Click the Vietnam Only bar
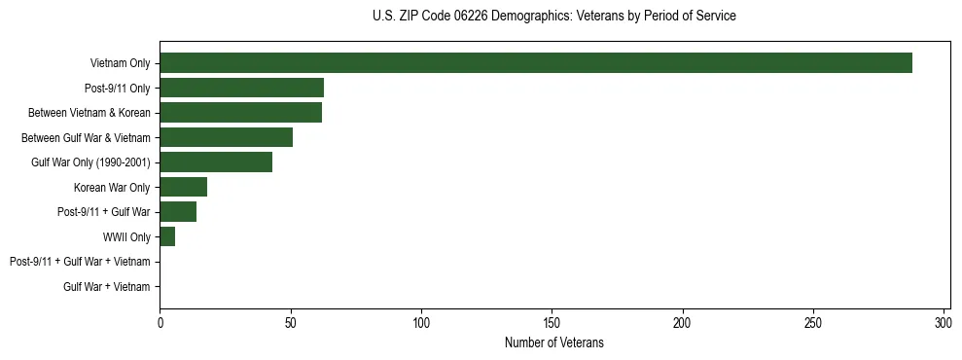pos(535,63)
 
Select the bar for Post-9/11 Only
pos(241,88)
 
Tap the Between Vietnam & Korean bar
pos(240,113)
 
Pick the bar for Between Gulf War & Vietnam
pos(226,137)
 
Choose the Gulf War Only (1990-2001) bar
pos(215,162)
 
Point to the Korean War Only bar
pos(183,187)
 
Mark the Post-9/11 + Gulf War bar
pos(178,212)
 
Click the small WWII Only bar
pos(167,236)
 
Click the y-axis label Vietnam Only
pos(120,63)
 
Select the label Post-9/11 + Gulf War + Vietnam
pos(80,262)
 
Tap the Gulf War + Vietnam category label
pos(107,287)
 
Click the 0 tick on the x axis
pos(160,322)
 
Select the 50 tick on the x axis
pos(290,322)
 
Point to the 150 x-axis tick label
pos(552,322)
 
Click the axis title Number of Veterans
pos(553,342)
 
